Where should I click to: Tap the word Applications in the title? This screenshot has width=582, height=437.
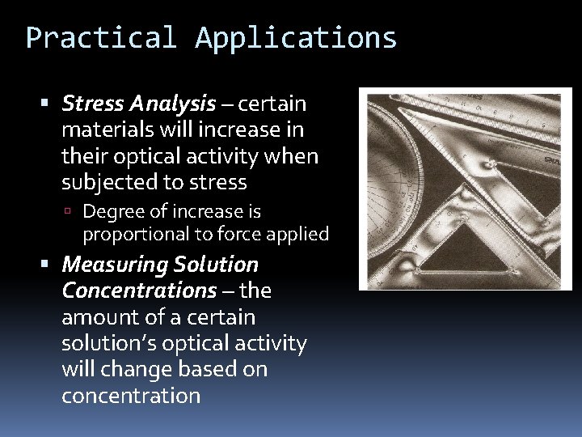click(x=296, y=38)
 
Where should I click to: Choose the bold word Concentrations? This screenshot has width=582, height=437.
click(x=139, y=291)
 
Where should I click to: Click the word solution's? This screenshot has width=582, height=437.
click(x=101, y=343)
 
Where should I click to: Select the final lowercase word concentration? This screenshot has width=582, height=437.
click(x=130, y=396)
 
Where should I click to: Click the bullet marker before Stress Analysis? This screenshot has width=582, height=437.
click(x=46, y=104)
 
